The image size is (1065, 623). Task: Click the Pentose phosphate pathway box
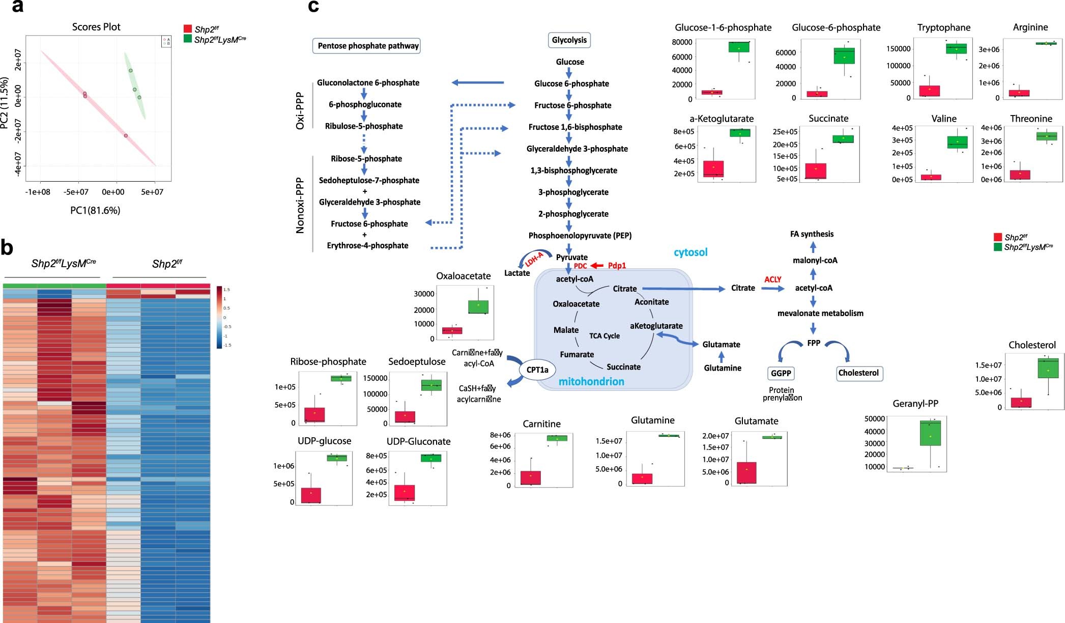(366, 46)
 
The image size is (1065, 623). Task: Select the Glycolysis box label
(569, 40)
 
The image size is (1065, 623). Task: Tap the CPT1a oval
(537, 370)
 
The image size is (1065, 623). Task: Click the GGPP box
(781, 373)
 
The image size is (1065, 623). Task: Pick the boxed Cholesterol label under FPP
(858, 373)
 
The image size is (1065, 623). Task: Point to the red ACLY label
(772, 279)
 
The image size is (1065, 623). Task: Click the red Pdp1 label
(617, 266)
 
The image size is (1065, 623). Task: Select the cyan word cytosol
(690, 252)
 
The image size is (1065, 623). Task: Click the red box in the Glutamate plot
(746, 472)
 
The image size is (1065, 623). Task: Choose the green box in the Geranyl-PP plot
(930, 433)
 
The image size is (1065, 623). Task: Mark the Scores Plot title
(96, 27)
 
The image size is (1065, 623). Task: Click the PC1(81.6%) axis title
(95, 210)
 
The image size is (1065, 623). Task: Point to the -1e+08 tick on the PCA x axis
(38, 192)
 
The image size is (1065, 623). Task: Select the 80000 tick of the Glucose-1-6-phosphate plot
(682, 42)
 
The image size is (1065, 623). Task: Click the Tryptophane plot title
(943, 27)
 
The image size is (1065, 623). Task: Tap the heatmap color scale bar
(219, 317)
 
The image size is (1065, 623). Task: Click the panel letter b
(7, 248)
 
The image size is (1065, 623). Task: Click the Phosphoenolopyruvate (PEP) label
(580, 236)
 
